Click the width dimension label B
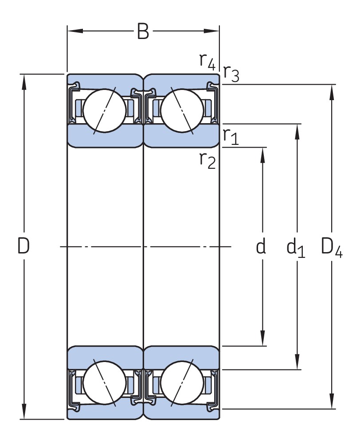click(x=143, y=31)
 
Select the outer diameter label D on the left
click(x=23, y=246)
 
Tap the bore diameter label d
click(x=261, y=246)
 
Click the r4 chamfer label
click(x=207, y=61)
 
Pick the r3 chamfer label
click(x=231, y=73)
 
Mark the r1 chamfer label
click(x=231, y=136)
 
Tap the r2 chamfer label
click(x=207, y=160)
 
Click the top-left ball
click(x=105, y=110)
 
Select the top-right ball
click(x=182, y=110)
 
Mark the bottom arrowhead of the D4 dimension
click(x=332, y=403)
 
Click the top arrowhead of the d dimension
click(x=262, y=153)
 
